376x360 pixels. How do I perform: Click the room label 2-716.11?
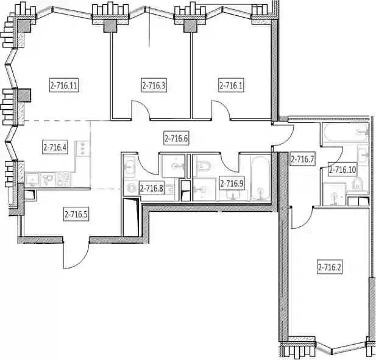pyautogui.click(x=64, y=85)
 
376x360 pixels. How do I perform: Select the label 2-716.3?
pyautogui.click(x=154, y=85)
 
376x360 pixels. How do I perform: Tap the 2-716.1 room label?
pyautogui.click(x=232, y=85)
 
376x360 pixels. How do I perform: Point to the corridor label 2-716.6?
pyautogui.click(x=176, y=139)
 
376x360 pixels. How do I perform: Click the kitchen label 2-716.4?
pyautogui.click(x=55, y=147)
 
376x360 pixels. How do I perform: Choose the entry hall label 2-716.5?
pyautogui.click(x=76, y=214)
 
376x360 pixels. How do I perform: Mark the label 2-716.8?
pyautogui.click(x=152, y=189)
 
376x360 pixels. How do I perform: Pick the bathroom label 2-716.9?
pyautogui.click(x=232, y=184)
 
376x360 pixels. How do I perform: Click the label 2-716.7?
pyautogui.click(x=302, y=159)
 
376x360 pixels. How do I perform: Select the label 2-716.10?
pyautogui.click(x=343, y=170)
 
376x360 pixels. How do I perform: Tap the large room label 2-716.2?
pyautogui.click(x=330, y=267)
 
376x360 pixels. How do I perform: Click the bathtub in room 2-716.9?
pyautogui.click(x=260, y=178)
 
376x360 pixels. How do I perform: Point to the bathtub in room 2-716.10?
pyautogui.click(x=346, y=132)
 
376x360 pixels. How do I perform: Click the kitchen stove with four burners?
pyautogui.click(x=64, y=179)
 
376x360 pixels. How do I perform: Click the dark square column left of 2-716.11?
pyautogui.click(x=24, y=95)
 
